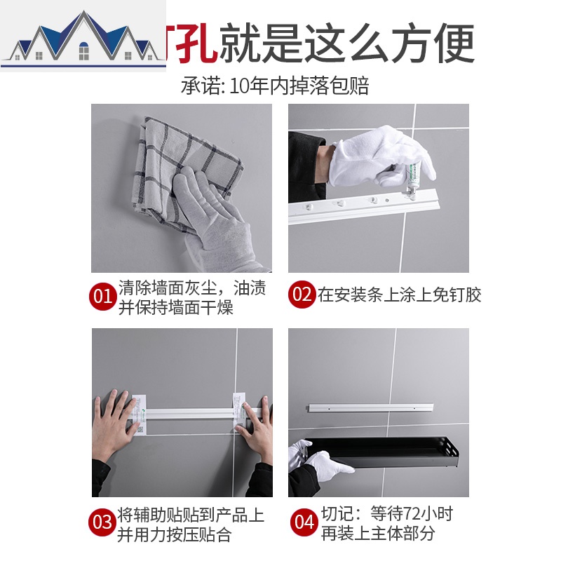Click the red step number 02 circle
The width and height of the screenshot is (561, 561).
(x=302, y=295)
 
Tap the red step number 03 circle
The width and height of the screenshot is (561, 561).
(x=102, y=522)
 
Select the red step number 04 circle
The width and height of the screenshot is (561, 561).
(x=304, y=522)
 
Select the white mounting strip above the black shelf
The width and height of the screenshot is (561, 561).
(x=372, y=407)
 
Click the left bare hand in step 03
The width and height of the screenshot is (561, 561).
(x=116, y=424)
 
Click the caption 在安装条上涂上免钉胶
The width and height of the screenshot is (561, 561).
(x=400, y=295)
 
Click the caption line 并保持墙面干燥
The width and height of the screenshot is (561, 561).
(x=175, y=307)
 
